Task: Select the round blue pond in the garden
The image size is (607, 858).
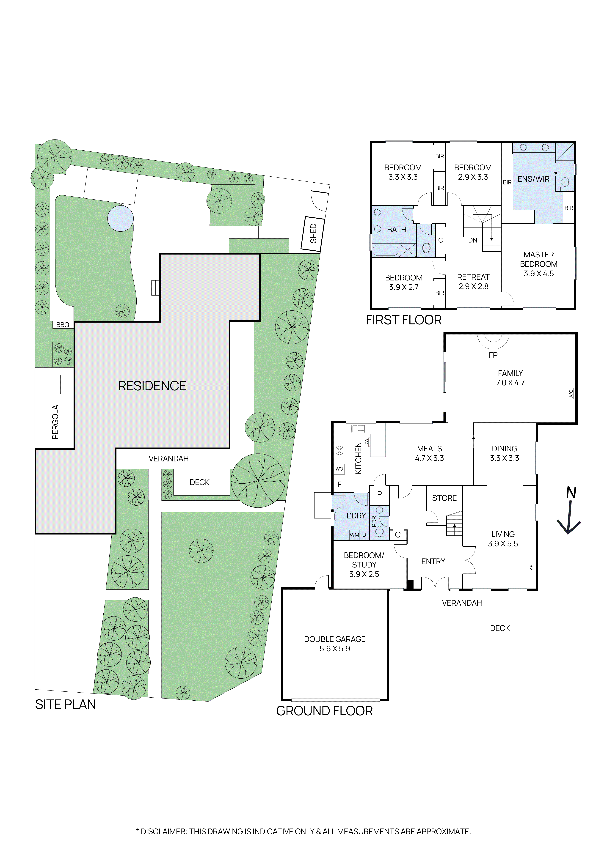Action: pyautogui.click(x=120, y=218)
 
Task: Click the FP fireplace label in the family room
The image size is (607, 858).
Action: pyautogui.click(x=493, y=355)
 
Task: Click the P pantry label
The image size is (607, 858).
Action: pyautogui.click(x=379, y=494)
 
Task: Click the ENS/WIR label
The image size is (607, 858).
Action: pyautogui.click(x=533, y=179)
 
